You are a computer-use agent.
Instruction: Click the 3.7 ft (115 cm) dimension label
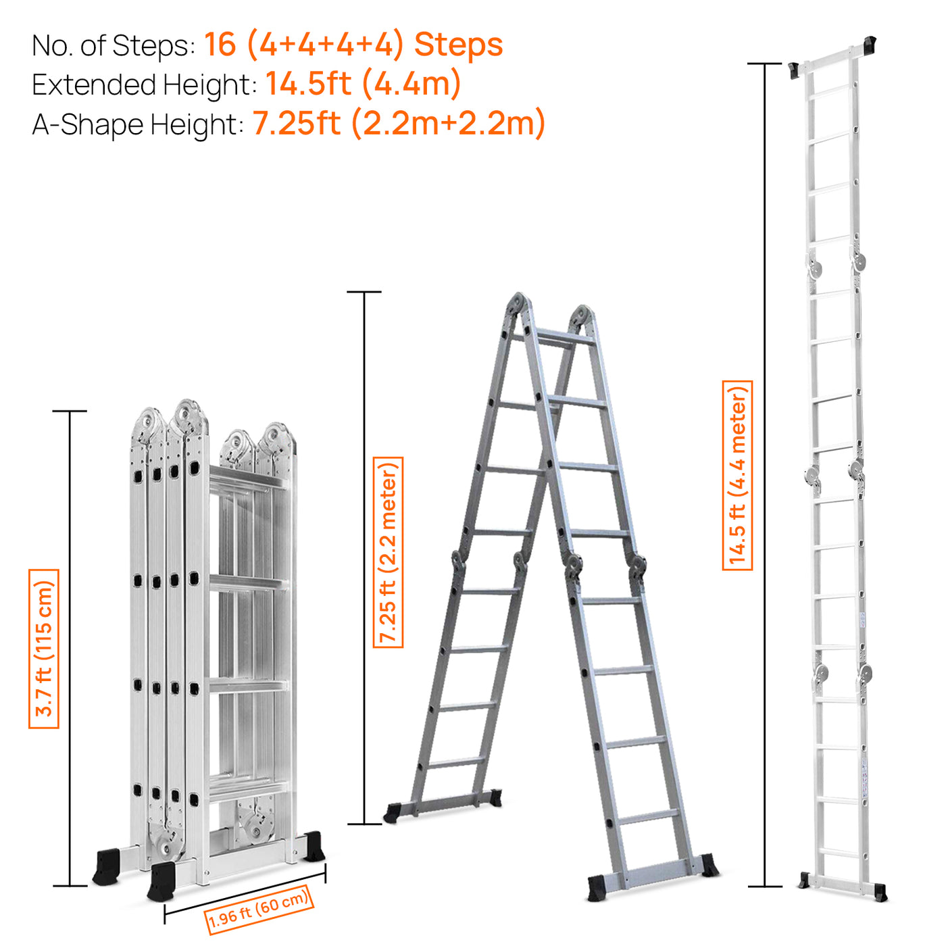click(x=44, y=649)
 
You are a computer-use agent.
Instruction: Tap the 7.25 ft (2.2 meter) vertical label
click(x=389, y=552)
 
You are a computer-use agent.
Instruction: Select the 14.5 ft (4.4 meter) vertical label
click(x=737, y=475)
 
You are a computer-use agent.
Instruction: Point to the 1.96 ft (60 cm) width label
click(x=259, y=910)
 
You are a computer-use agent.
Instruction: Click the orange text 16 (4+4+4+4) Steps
click(x=353, y=45)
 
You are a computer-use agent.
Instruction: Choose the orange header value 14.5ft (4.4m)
click(x=363, y=84)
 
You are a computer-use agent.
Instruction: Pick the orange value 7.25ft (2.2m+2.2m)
click(x=399, y=123)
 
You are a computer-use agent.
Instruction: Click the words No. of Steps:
click(x=113, y=46)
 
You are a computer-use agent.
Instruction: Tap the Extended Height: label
click(x=144, y=85)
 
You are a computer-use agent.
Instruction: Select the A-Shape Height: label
click(x=137, y=125)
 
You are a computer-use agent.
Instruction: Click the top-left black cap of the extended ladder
click(x=795, y=70)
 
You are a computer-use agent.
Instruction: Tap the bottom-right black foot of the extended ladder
click(x=880, y=892)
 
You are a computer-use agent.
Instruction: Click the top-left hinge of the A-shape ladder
click(x=517, y=305)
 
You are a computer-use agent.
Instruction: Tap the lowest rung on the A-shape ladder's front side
click(x=647, y=817)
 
